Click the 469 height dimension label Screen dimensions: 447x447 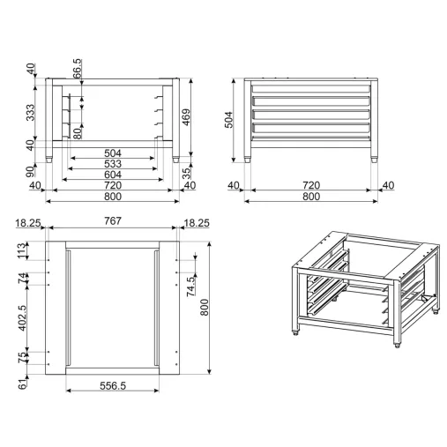187,117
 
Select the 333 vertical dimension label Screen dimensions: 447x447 30,112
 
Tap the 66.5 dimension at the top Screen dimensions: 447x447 78,69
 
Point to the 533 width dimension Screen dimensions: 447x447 113,164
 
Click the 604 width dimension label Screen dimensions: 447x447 113,175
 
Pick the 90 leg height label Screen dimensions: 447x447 30,171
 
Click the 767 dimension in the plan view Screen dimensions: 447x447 113,220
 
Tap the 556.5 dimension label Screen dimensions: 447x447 113,385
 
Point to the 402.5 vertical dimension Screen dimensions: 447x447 22,318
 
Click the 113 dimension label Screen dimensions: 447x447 22,250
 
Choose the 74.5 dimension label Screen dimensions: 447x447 190,287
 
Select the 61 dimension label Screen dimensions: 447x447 22,384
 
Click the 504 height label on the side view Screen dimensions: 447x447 228,120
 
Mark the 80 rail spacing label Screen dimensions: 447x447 78,133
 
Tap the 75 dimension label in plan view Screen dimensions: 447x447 22,358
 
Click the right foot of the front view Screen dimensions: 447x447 175,160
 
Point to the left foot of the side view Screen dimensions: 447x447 248,160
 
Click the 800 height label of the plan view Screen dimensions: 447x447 205,308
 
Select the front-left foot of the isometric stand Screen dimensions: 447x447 295,333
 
